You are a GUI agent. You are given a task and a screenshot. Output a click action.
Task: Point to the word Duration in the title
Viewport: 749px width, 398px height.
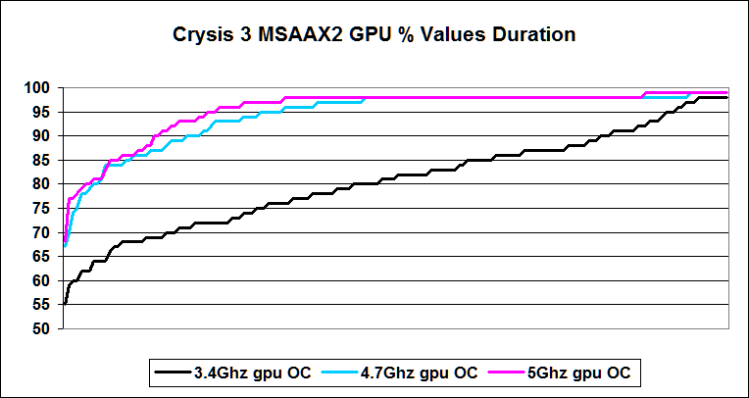[x=534, y=36]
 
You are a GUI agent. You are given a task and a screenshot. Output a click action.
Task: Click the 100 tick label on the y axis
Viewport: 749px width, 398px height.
[x=39, y=88]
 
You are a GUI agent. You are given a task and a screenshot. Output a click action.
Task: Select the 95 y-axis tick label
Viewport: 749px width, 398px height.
[x=43, y=112]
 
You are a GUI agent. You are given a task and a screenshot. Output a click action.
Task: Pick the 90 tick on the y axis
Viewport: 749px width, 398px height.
[x=43, y=136]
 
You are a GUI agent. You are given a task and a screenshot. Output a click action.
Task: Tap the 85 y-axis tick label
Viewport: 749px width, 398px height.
[x=43, y=160]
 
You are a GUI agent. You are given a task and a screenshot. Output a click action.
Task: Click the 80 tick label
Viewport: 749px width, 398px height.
[x=43, y=184]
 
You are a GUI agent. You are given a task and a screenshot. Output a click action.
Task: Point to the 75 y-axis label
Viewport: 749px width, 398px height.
[x=43, y=208]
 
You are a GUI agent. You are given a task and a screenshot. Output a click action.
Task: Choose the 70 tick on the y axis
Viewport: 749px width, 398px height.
[x=43, y=232]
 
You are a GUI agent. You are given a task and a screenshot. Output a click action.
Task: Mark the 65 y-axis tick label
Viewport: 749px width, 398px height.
[x=43, y=256]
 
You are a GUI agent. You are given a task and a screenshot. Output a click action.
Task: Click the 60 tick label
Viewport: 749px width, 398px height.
[x=43, y=280]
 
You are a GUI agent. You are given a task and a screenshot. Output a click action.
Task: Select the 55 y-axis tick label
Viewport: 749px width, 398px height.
[x=43, y=304]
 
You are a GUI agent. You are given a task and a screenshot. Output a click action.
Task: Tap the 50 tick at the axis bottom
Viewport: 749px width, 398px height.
[x=43, y=328]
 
